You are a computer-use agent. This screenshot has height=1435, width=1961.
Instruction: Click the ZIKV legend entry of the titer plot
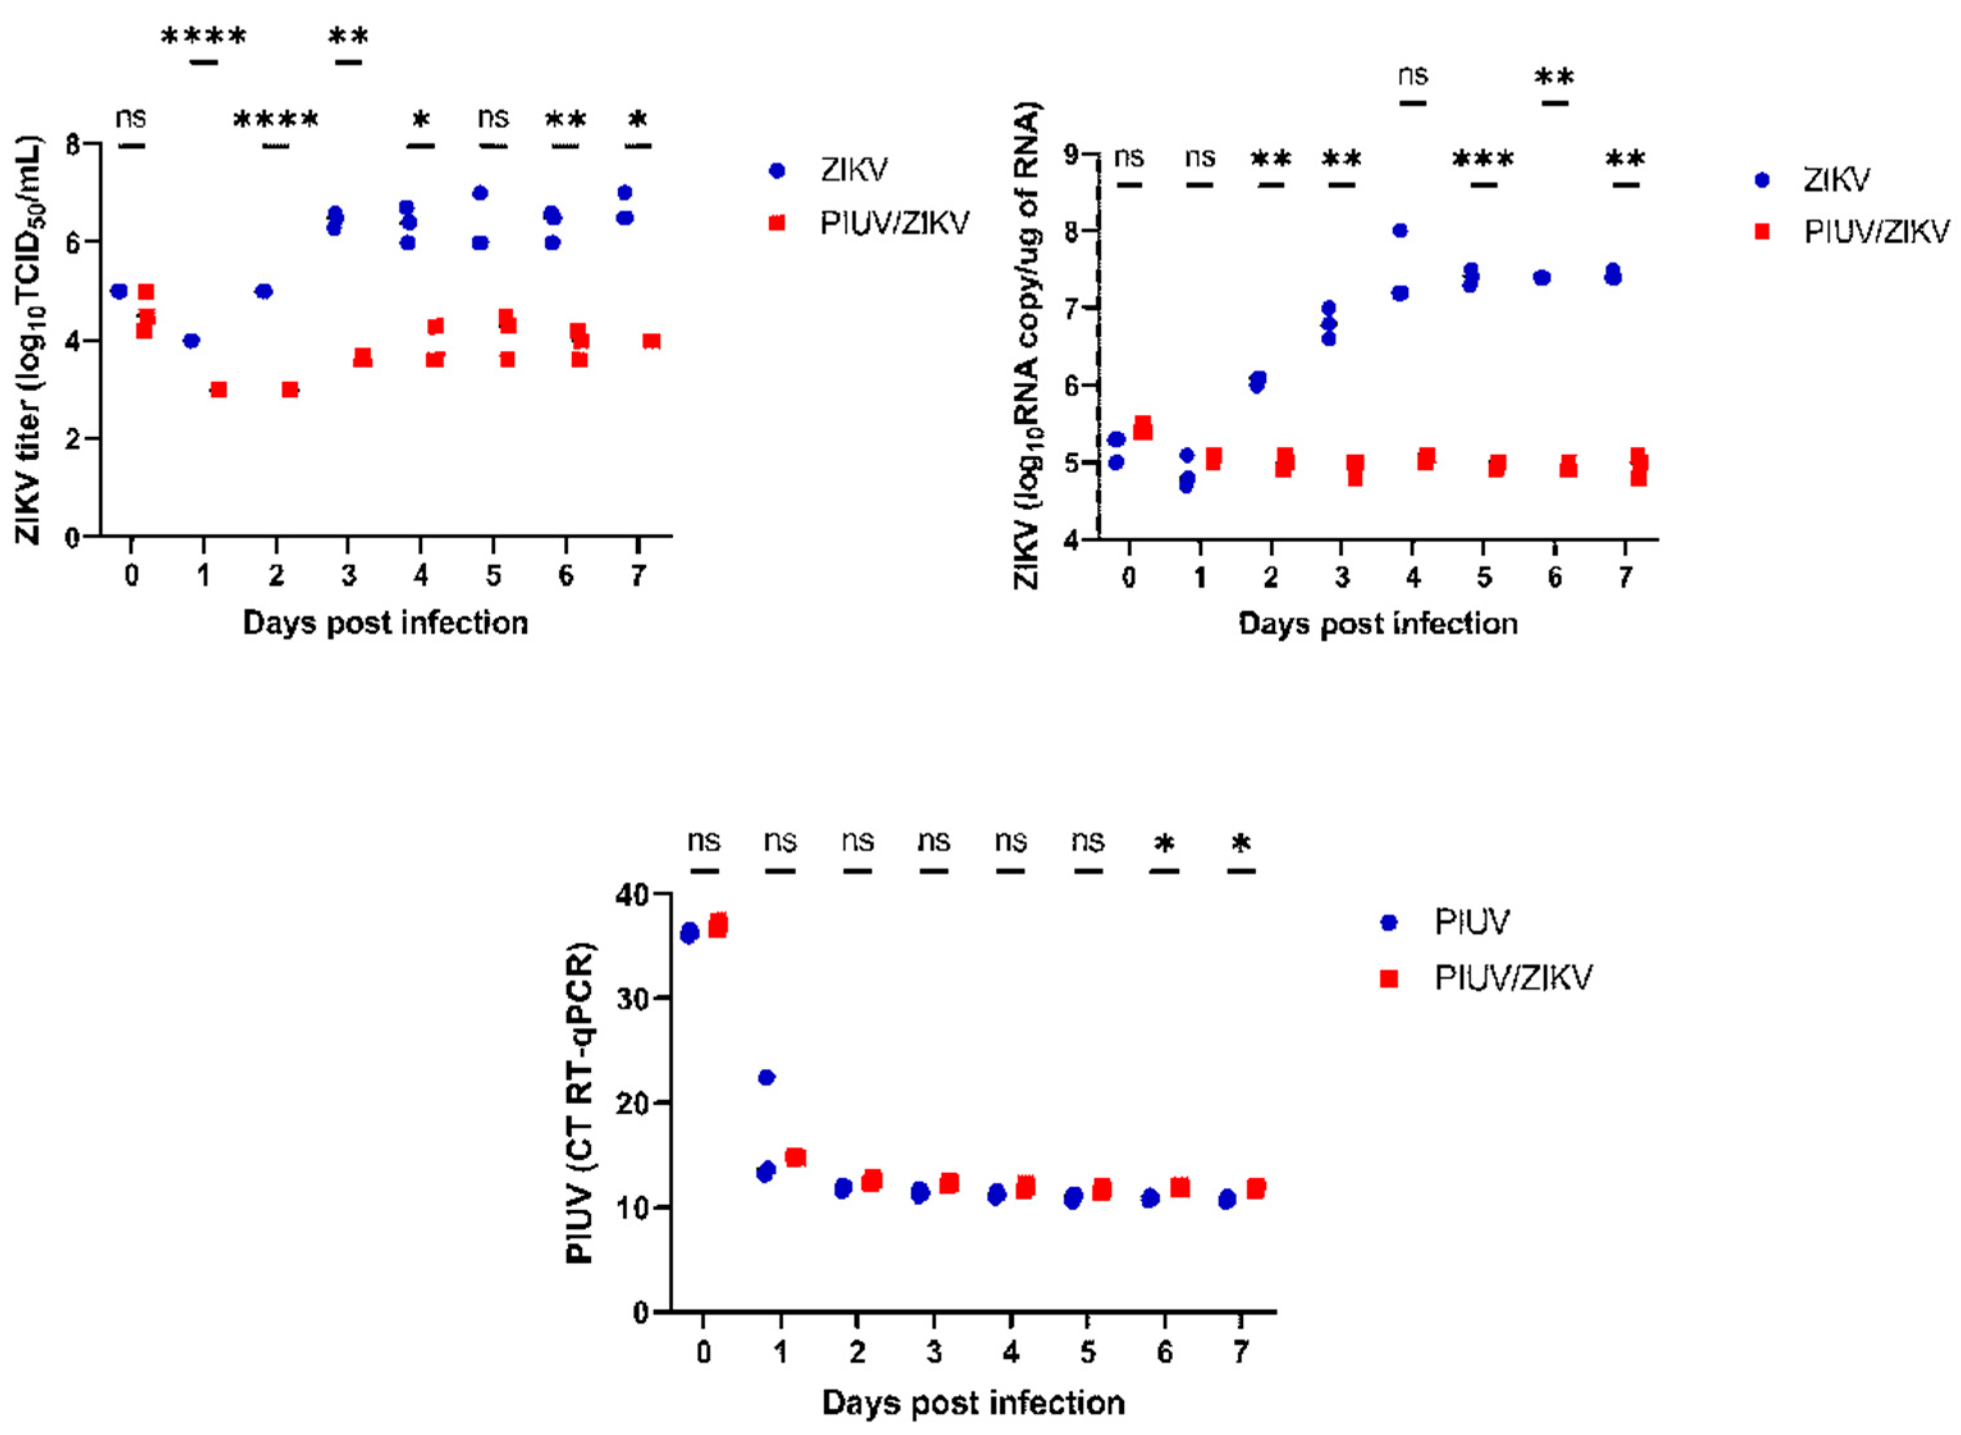(x=853, y=171)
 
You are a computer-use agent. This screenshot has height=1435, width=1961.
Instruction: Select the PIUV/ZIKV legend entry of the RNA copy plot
(x=1876, y=232)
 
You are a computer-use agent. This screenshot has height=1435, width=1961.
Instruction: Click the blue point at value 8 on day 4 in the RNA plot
(x=1399, y=230)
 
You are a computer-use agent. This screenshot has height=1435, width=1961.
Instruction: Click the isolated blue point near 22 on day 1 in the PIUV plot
(x=766, y=1077)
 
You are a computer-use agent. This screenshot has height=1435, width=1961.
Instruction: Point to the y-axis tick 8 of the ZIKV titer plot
(x=73, y=144)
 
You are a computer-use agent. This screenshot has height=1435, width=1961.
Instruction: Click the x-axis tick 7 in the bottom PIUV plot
(x=1241, y=1352)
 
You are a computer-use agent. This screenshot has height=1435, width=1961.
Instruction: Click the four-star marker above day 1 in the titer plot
(x=204, y=37)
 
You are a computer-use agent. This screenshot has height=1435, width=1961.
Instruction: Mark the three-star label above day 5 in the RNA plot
(x=1483, y=160)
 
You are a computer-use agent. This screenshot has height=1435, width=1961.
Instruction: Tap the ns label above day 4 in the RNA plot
(x=1413, y=76)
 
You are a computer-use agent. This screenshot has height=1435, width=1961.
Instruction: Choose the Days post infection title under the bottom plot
(x=973, y=1403)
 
